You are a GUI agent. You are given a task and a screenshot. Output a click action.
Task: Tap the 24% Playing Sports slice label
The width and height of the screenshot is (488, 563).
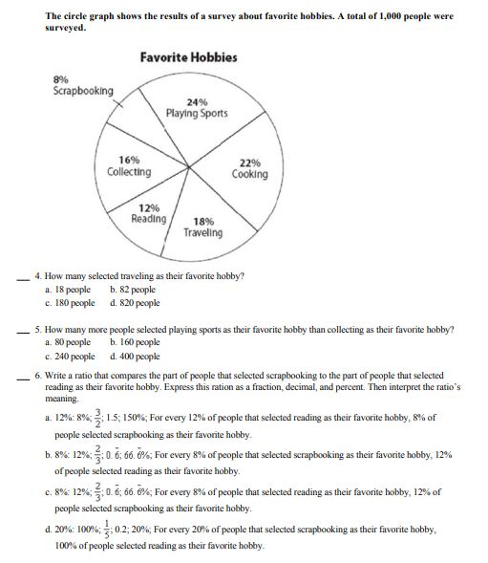(196, 107)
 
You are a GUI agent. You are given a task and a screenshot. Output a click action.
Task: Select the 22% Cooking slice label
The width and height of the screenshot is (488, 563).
(249, 169)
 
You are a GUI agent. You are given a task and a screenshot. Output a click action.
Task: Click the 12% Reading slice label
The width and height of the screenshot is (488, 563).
(149, 213)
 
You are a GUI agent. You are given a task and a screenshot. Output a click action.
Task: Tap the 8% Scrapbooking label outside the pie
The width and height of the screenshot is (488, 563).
(82, 85)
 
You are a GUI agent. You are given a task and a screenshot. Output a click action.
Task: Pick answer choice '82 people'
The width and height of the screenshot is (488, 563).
(133, 288)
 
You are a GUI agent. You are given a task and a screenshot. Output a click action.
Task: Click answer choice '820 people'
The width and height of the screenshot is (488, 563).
(136, 302)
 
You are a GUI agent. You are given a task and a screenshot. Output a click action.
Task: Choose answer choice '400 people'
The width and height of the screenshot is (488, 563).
(136, 354)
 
